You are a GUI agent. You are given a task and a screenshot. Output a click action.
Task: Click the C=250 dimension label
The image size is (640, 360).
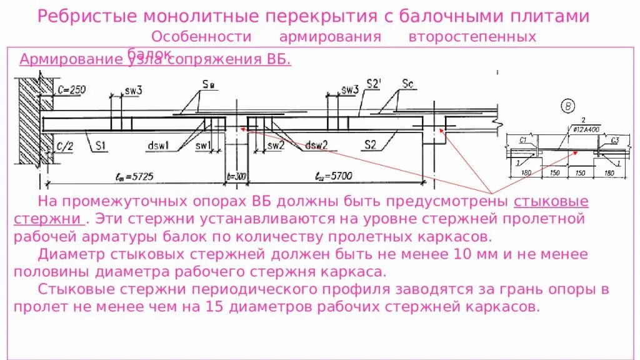(x=69, y=90)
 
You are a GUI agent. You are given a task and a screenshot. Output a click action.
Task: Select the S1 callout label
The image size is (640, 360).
(x=101, y=146)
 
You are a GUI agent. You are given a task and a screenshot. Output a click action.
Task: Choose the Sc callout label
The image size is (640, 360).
(x=408, y=83)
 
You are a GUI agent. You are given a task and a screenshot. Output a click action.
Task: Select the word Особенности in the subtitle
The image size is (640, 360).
(x=201, y=37)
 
